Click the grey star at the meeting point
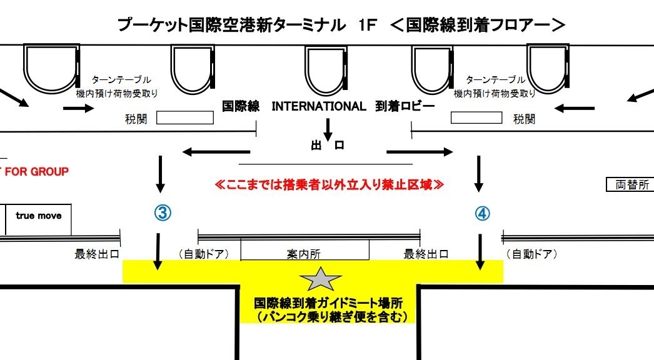pos(321,279)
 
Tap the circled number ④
pos(482,213)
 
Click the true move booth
pos(39,216)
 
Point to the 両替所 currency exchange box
pos(630,184)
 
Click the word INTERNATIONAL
pos(318,106)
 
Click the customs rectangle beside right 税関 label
pos(476,117)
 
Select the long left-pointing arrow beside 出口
pos(215,151)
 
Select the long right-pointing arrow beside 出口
pos(420,151)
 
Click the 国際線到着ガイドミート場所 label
pos(328,303)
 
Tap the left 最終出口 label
pos(97,254)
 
